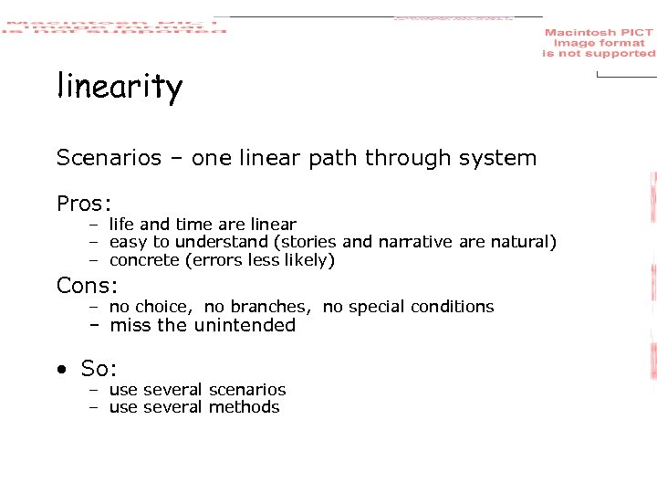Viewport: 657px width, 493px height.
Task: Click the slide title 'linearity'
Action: coord(120,88)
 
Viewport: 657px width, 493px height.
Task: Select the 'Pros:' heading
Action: coord(83,203)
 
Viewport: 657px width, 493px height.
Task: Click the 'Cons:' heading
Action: coord(88,286)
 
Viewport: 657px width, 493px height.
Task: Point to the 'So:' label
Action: coord(99,369)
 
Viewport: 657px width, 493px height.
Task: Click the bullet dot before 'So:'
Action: coord(61,370)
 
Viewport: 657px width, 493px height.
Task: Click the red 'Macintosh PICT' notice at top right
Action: coord(599,43)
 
